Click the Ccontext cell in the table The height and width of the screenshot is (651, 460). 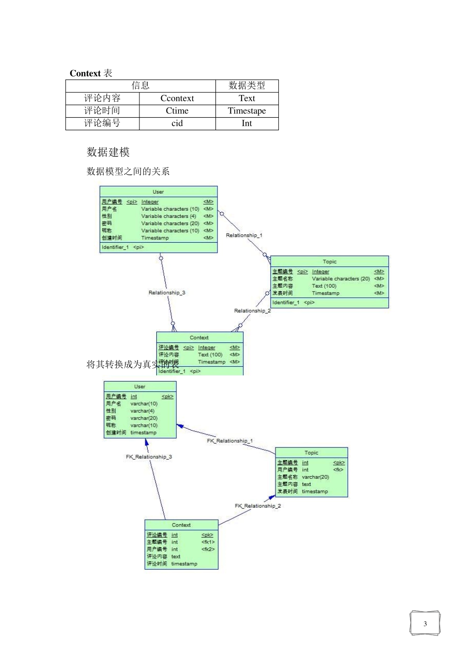177,98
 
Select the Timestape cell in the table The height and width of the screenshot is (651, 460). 247,111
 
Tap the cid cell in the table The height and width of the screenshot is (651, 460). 177,124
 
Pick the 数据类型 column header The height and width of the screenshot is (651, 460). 247,86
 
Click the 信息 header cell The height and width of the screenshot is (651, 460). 140,86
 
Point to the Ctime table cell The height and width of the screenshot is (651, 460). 177,111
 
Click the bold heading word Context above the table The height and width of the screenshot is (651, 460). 85,74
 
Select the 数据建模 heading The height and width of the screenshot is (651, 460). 108,152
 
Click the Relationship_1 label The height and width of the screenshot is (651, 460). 244,235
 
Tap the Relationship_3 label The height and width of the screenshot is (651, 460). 167,293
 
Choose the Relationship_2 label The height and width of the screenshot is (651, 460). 252,311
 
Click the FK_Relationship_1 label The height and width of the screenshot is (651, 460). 230,441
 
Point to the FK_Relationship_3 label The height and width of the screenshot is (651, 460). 149,457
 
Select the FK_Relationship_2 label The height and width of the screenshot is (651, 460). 258,506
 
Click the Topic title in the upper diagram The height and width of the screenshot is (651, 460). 330,262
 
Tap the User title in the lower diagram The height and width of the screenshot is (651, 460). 139,387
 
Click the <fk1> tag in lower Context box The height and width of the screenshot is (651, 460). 208,542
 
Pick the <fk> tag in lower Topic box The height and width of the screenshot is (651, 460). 338,470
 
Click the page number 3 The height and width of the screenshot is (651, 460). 425,624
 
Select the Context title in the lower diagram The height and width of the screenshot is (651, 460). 181,525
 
